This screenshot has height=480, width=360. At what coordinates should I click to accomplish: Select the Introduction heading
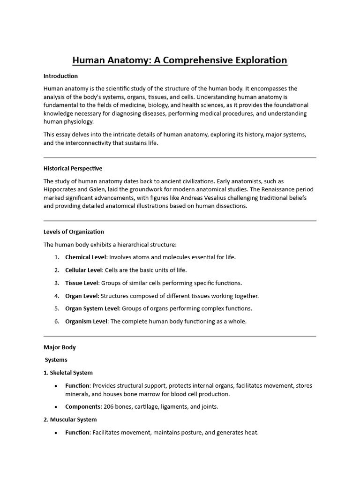pyautogui.click(x=60, y=76)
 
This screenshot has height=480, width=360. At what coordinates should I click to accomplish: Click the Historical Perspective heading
pyautogui.click(x=73, y=168)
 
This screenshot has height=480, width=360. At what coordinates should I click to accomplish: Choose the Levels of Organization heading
pyautogui.click(x=74, y=232)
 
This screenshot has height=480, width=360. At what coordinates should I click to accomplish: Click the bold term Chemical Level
pyautogui.click(x=86, y=257)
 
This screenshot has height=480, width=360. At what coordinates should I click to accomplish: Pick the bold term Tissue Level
pyautogui.click(x=82, y=283)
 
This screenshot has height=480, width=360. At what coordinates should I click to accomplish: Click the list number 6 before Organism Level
pyautogui.click(x=56, y=321)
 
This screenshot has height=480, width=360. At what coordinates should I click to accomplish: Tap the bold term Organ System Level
pyautogui.click(x=92, y=308)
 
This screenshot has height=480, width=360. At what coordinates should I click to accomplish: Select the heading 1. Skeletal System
pyautogui.click(x=68, y=373)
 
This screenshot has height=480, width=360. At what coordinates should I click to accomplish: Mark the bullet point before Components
pyautogui.click(x=56, y=407)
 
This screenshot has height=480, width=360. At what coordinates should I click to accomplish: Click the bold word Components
pyautogui.click(x=82, y=406)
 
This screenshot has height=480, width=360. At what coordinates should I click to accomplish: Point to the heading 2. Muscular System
pyautogui.click(x=70, y=420)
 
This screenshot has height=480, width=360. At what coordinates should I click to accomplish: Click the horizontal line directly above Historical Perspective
pyautogui.click(x=180, y=157)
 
